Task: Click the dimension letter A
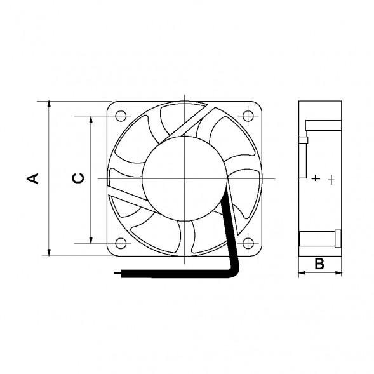coord(32,178)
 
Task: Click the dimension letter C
coord(78,178)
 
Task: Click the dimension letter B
coord(319,264)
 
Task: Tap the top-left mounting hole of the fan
coord(121,116)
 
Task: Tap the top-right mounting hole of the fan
coord(248,116)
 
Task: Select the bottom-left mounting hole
coord(121,243)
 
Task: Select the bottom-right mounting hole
coord(248,243)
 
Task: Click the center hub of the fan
coord(184,178)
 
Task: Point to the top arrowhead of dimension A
coord(49,105)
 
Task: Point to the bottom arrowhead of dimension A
coord(49,251)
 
